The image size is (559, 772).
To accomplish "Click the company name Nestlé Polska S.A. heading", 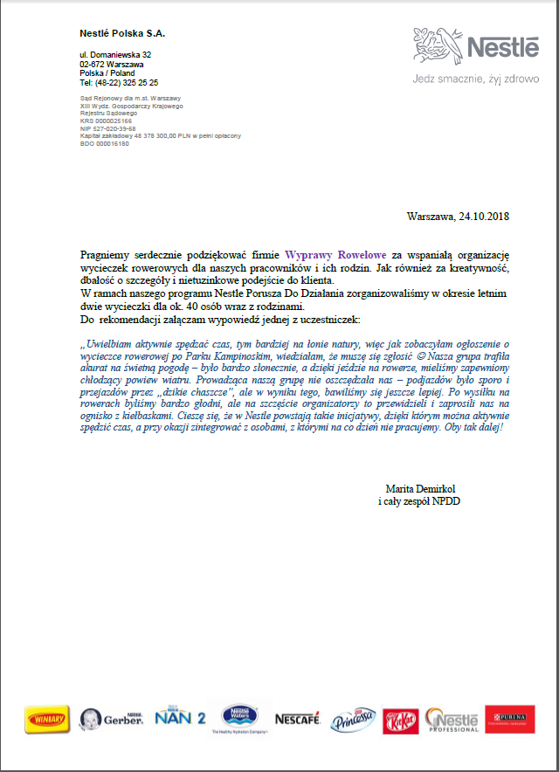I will click(122, 33).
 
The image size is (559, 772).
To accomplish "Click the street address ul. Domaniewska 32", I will click(115, 55).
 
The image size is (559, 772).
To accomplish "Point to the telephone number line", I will click(119, 83).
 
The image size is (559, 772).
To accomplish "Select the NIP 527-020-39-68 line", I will click(107, 128).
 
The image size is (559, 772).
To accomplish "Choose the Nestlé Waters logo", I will click(239, 718).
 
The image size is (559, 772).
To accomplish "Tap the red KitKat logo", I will click(402, 720).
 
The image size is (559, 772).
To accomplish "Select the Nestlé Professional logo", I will click(452, 720).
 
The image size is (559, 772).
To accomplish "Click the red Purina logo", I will click(509, 720).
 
